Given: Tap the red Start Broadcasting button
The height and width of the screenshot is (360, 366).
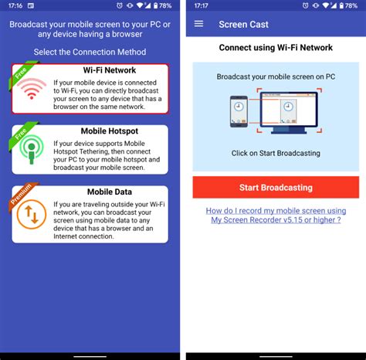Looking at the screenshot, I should click(276, 187).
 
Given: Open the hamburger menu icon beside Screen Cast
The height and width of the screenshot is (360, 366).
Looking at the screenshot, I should click(198, 24).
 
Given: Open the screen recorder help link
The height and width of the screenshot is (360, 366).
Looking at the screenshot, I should click(276, 214).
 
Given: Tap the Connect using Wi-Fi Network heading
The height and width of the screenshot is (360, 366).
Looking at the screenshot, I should click(276, 48).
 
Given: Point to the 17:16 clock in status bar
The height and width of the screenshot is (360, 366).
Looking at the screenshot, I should click(15, 5).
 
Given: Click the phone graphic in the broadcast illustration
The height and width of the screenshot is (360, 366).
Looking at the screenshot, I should click(239, 113).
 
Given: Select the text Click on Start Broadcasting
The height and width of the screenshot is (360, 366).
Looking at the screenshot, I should click(276, 153).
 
